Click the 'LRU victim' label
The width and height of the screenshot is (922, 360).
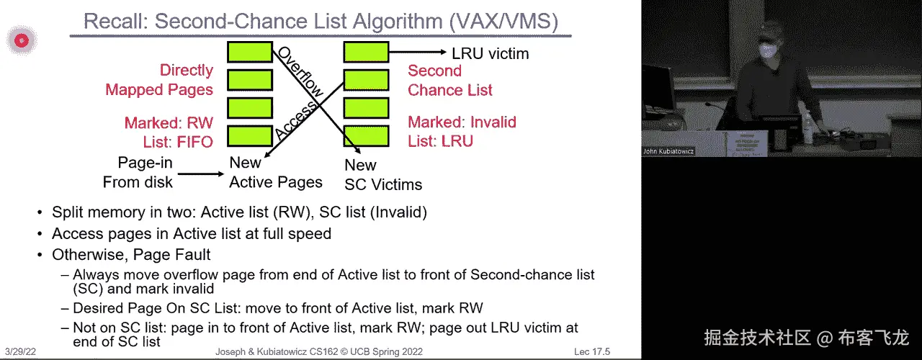point(490,53)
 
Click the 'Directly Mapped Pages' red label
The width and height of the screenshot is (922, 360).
point(160,80)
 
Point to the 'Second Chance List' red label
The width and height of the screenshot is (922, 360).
point(450,80)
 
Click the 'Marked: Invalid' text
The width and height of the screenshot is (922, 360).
point(462,122)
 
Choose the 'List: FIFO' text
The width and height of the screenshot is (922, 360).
point(169,142)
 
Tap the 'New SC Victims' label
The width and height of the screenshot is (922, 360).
point(382,175)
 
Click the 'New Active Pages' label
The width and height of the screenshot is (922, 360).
point(276,172)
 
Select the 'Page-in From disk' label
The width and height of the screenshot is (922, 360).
point(138,173)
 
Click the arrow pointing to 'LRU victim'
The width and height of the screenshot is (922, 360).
point(418,52)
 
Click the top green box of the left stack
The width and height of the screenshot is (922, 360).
point(250,51)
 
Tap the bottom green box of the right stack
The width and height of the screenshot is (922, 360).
point(366,136)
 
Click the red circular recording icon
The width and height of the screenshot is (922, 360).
point(22,41)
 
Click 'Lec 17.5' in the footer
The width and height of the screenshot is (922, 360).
point(591,352)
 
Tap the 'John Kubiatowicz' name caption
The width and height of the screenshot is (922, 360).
point(668,152)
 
